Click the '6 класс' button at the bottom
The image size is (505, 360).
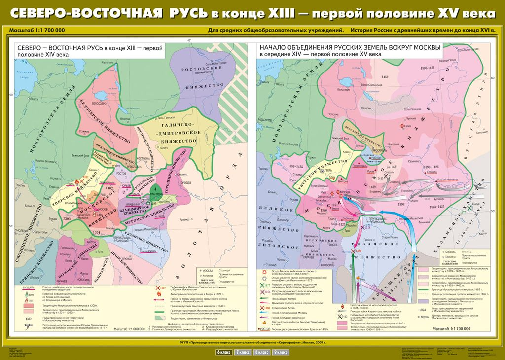[223, 352]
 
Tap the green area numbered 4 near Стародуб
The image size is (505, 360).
[156, 189]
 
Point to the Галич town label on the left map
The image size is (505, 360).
[164, 147]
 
